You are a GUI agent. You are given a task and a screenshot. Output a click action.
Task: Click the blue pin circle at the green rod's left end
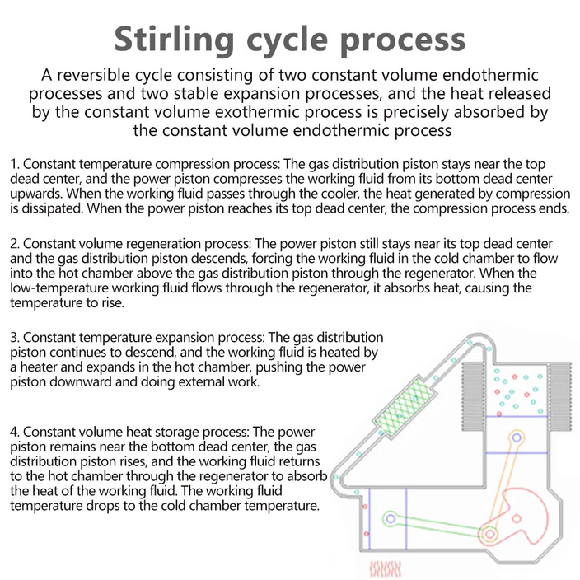(x=391, y=517)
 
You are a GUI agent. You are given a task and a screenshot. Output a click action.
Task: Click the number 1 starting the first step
(x=13, y=164)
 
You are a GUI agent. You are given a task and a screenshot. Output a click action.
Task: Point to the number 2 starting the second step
(x=14, y=244)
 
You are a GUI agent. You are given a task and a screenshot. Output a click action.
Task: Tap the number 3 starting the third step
(x=14, y=338)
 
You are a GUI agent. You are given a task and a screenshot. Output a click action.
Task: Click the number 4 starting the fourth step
(x=14, y=431)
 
